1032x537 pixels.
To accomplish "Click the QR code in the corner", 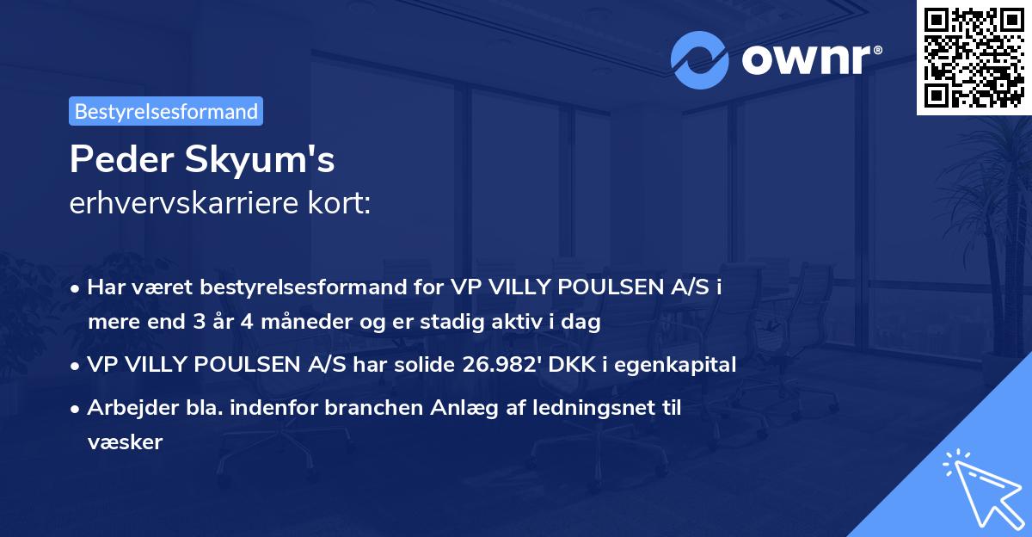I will [974, 57].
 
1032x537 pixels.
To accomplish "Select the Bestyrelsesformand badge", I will [166, 111].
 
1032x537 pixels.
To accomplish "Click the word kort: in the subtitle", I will [341, 203].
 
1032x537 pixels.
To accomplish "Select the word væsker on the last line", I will [125, 443].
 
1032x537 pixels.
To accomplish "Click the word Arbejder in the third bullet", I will [125, 408].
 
